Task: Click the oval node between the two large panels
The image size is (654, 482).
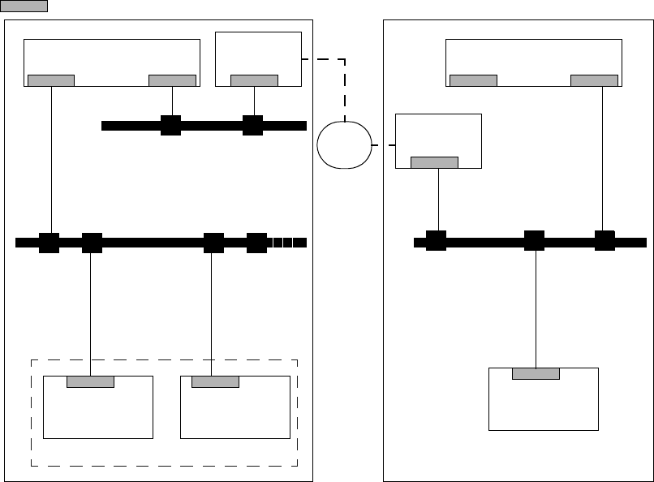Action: [x=345, y=144]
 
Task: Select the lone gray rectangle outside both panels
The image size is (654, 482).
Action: [x=24, y=6]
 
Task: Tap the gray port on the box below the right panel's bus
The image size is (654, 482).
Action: [x=536, y=373]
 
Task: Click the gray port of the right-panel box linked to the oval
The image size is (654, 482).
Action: [x=434, y=161]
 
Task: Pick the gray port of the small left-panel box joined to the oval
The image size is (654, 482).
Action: [x=254, y=80]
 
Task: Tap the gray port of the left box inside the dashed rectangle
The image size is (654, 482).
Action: [x=90, y=381]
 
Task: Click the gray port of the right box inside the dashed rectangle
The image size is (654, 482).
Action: [x=215, y=381]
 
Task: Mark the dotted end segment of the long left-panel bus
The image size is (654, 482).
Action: [x=289, y=242]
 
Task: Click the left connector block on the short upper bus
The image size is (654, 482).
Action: [x=170, y=125]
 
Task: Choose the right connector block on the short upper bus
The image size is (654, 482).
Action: [x=253, y=125]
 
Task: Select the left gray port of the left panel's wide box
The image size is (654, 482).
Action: [x=51, y=80]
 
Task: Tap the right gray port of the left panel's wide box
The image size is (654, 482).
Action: [x=172, y=80]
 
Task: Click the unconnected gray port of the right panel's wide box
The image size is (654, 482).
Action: [x=473, y=80]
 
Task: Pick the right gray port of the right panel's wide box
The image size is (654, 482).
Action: [x=594, y=80]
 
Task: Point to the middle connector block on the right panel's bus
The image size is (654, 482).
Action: [x=534, y=241]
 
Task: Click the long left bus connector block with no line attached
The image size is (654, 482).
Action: [x=256, y=242]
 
